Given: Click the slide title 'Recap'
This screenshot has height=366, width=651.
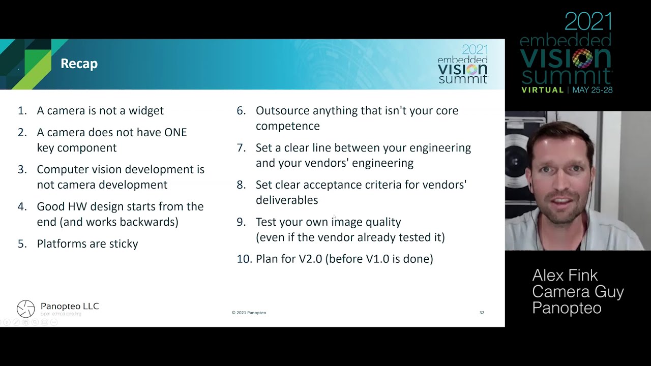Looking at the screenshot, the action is tap(79, 64).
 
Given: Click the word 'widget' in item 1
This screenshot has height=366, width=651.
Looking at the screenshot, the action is tap(146, 111).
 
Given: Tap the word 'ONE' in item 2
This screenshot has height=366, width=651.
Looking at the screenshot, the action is tap(175, 133).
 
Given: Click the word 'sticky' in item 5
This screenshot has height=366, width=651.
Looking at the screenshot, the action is tap(124, 244).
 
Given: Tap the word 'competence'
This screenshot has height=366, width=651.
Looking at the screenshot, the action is tap(288, 127).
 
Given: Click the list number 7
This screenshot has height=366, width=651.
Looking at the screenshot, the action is tap(241, 148).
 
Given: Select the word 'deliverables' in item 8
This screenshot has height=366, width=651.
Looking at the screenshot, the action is tap(287, 200).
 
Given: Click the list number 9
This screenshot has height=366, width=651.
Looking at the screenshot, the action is tap(241, 222).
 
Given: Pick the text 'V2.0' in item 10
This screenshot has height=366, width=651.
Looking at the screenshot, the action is tap(310, 259).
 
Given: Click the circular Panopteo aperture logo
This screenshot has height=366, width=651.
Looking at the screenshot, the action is tap(25, 309).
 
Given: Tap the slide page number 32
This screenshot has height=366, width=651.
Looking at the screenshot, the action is tap(482, 313).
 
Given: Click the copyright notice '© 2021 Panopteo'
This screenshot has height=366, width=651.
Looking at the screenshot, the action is tap(249, 313).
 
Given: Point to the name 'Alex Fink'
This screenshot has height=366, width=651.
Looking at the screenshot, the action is tap(565, 276).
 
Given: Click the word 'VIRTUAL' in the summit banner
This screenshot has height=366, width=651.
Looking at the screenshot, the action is tap(543, 90).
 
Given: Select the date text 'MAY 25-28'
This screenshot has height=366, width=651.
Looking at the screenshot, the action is tap(593, 90).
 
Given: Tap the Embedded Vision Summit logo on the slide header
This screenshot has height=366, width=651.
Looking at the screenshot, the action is tap(463, 64).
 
